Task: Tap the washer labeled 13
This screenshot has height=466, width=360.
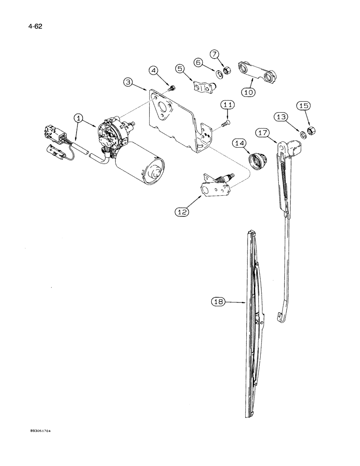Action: [x=303, y=135]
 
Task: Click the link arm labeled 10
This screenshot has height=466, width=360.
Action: [x=257, y=71]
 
